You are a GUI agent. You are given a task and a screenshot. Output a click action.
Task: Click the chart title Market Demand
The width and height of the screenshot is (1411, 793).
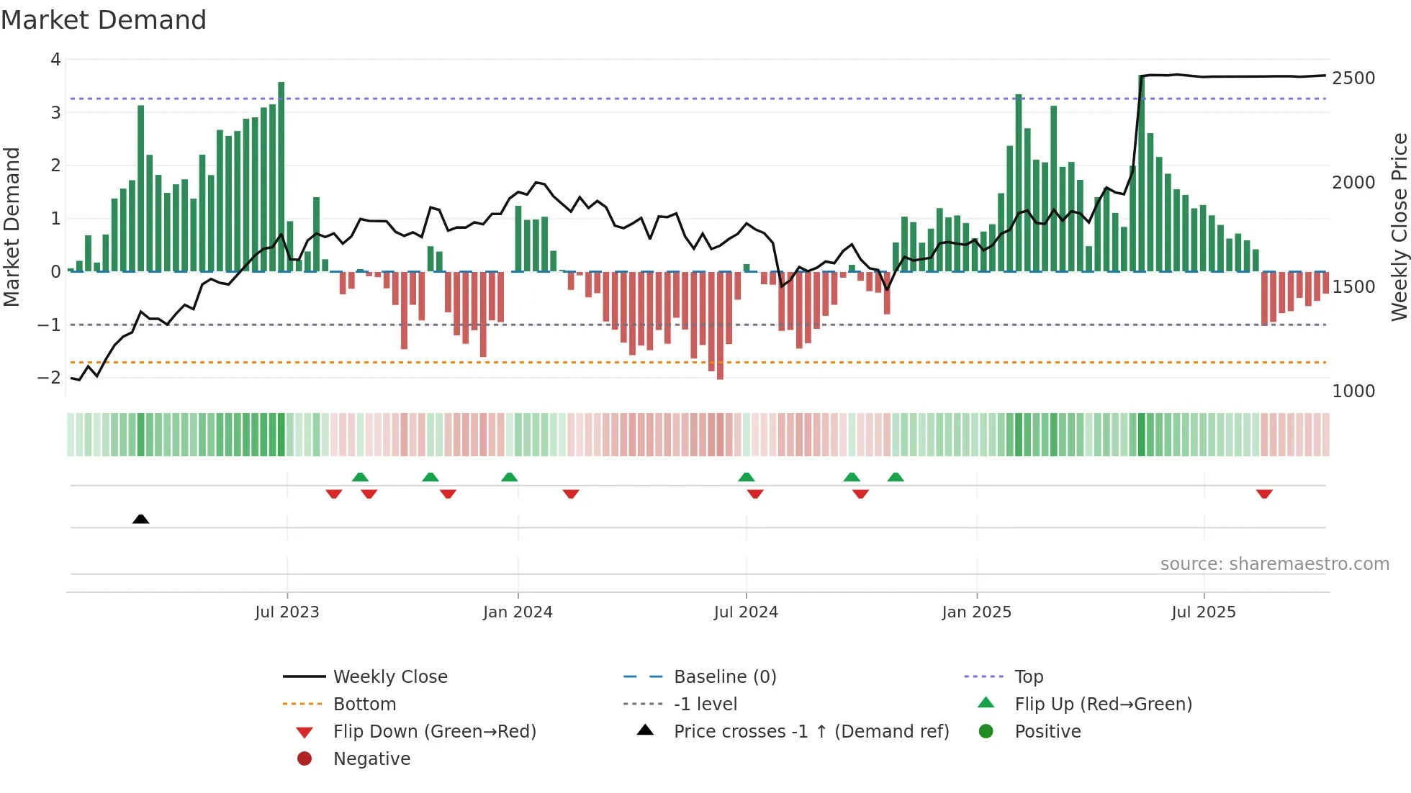(104, 20)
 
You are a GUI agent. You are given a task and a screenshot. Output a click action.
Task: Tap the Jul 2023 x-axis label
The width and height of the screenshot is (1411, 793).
(287, 612)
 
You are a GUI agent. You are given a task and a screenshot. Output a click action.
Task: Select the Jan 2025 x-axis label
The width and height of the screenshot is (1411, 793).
(976, 612)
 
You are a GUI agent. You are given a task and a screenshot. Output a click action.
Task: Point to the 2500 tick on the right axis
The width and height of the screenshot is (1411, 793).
(1353, 78)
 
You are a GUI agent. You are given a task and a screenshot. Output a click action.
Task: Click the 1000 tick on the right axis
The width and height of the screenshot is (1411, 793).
(1353, 391)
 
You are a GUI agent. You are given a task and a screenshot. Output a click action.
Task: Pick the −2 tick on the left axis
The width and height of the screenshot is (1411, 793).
(50, 378)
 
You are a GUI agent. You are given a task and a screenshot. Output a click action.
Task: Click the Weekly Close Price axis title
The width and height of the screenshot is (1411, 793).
(1399, 227)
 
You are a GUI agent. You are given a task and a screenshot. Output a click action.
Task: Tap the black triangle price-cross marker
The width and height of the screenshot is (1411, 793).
(141, 519)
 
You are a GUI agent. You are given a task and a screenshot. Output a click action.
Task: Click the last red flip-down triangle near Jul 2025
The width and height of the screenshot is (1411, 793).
(1264, 494)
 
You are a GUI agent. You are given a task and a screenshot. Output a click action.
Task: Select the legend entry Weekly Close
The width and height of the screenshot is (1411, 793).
(389, 677)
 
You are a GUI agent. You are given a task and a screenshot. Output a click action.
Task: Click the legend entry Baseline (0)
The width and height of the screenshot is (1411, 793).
(724, 677)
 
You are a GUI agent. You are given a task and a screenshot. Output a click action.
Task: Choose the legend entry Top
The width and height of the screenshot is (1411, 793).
(1028, 677)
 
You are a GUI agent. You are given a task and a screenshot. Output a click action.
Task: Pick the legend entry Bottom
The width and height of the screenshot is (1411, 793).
(364, 704)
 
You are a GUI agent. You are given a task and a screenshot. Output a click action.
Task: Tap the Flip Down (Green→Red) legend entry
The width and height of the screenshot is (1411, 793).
(434, 732)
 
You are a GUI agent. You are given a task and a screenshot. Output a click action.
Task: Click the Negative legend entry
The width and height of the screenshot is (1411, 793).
(371, 759)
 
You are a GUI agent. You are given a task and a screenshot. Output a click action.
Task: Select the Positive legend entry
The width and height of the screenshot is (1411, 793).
(1047, 732)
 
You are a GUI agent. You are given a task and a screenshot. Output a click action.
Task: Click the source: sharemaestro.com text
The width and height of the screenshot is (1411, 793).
(1274, 564)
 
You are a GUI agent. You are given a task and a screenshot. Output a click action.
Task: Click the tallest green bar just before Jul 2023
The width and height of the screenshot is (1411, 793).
(281, 176)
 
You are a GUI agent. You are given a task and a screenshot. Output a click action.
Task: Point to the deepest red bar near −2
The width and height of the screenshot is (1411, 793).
(720, 325)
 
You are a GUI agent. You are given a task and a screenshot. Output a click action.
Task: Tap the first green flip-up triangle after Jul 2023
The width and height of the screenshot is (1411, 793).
(360, 477)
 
